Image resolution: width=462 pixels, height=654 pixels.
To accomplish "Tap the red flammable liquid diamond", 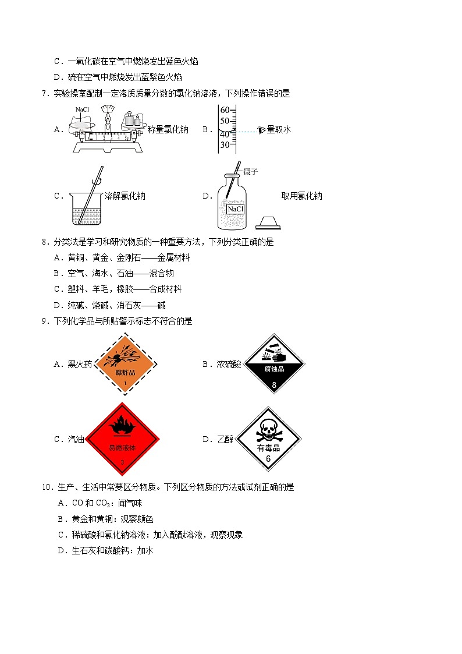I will (122, 439).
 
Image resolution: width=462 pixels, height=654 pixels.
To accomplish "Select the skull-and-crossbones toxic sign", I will (268, 439).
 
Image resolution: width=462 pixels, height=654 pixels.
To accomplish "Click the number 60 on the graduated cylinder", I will (225, 110).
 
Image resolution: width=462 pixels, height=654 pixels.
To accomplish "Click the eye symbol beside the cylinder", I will (262, 130).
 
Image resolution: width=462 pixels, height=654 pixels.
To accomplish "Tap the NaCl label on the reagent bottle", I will (236, 209).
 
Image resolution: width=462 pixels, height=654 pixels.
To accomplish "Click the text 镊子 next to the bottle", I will (251, 172).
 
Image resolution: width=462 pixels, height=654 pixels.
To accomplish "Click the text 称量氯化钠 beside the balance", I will (168, 130).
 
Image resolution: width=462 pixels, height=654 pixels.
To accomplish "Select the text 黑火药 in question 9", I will (80, 365).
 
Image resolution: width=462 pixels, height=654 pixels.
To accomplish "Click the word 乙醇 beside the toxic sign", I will (225, 440).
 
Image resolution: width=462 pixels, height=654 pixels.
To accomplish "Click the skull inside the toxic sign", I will (268, 429).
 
